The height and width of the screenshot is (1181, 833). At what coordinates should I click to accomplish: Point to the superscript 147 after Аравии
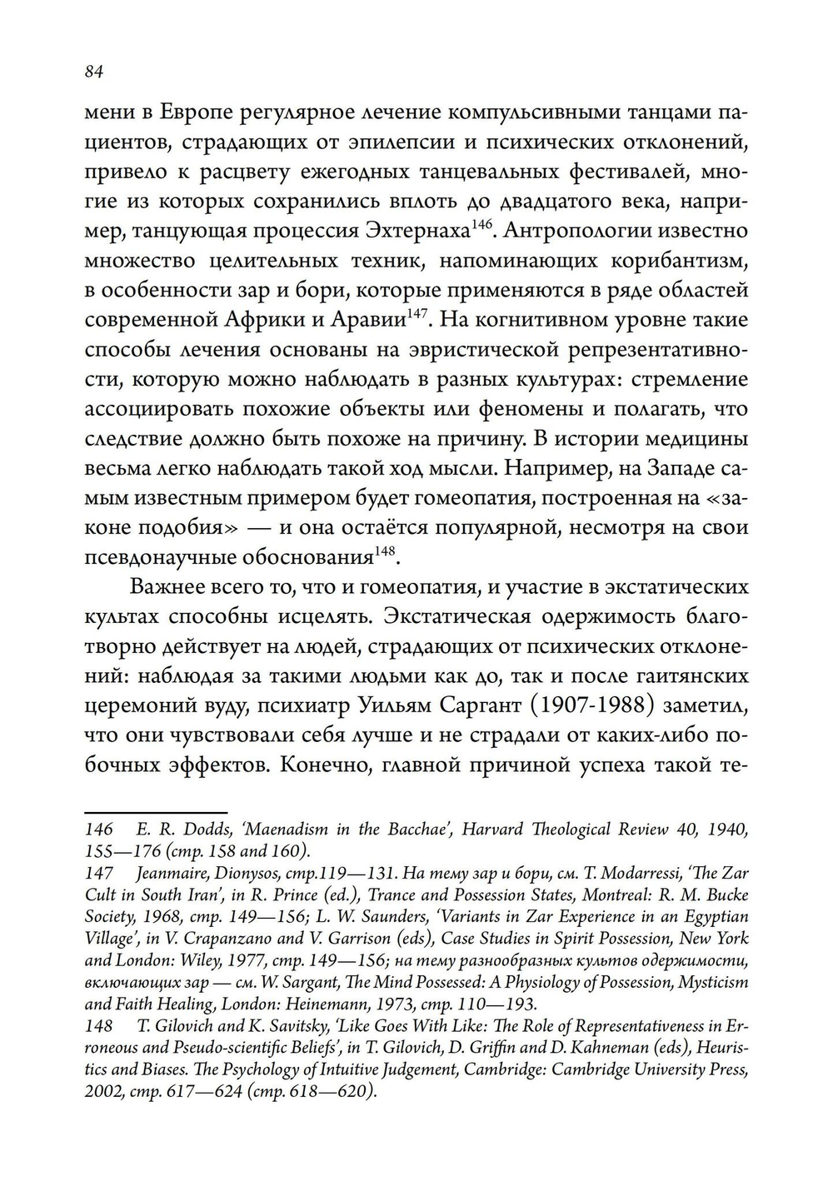coord(416,313)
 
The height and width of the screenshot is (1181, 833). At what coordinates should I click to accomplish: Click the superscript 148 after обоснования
coord(384,551)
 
